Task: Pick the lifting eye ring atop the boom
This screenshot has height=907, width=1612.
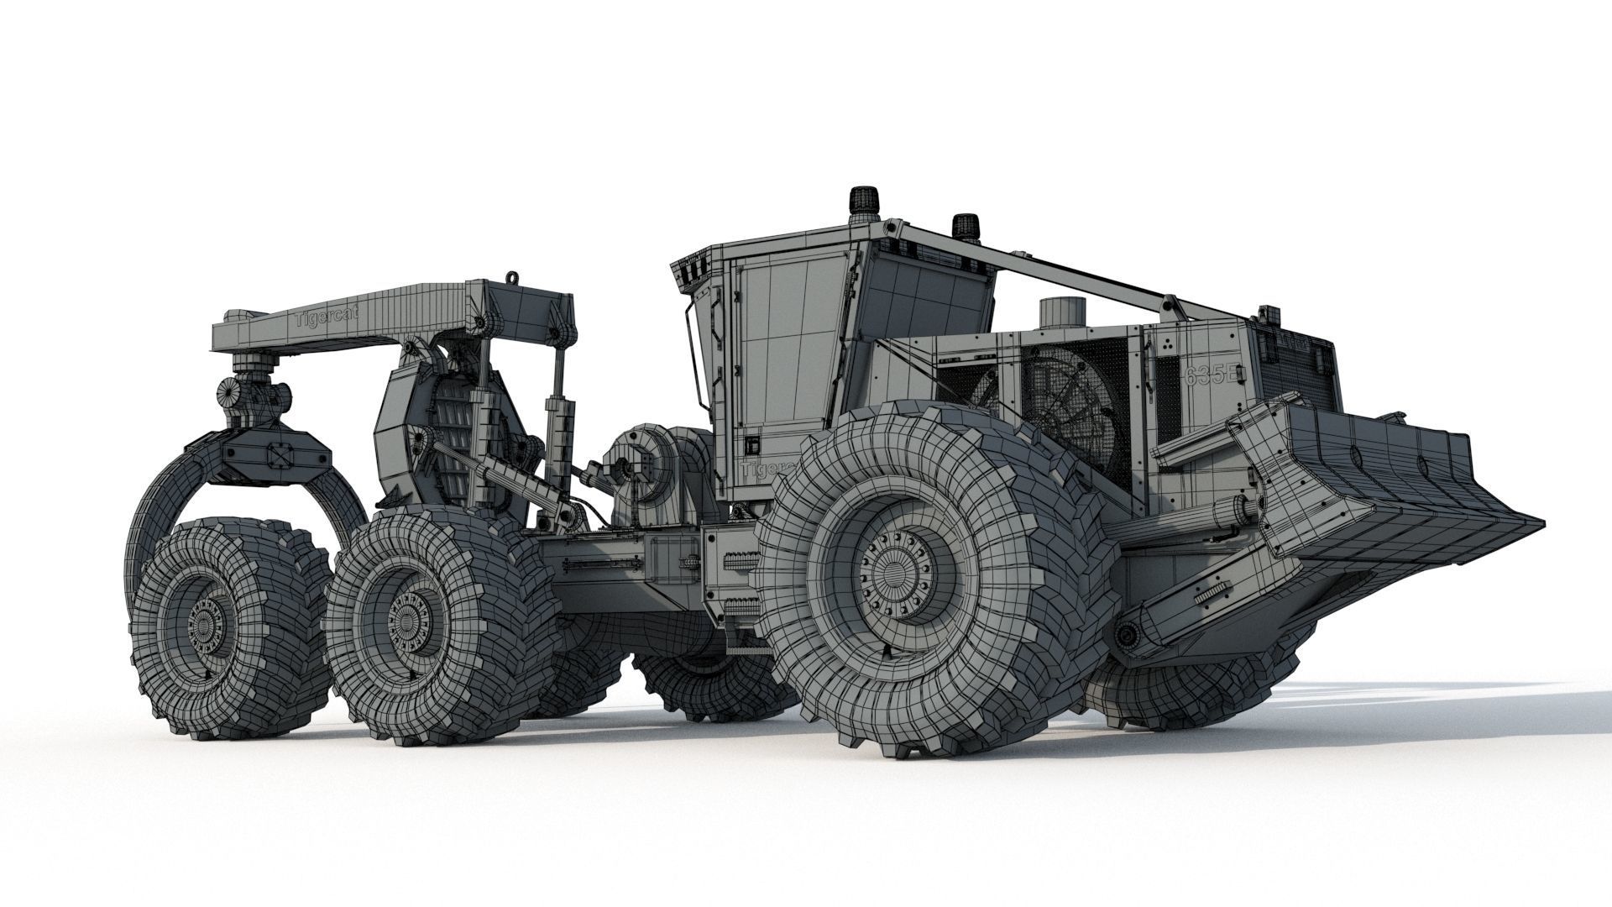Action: click(510, 277)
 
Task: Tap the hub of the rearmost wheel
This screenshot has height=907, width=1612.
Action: click(205, 625)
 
